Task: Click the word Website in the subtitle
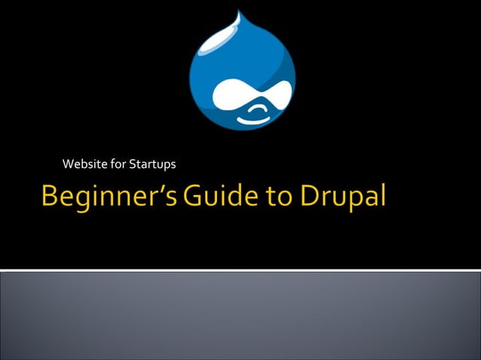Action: coord(84,163)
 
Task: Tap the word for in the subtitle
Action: coord(116,163)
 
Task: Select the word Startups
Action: coord(152,164)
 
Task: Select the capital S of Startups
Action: coord(133,163)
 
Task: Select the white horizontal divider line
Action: coord(240,269)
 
